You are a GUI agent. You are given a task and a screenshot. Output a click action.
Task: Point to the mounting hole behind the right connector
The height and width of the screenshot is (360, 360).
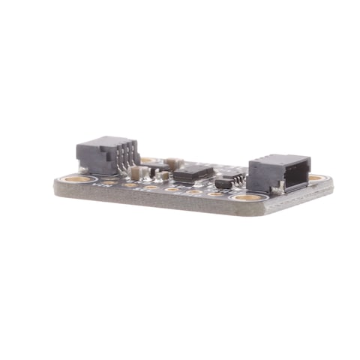[316, 178]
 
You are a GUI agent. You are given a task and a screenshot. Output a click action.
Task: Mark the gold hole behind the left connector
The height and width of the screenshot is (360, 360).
[148, 159]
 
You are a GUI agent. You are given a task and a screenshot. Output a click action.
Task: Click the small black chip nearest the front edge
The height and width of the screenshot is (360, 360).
[226, 183]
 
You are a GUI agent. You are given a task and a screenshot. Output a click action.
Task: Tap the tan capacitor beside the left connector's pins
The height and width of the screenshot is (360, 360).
[136, 173]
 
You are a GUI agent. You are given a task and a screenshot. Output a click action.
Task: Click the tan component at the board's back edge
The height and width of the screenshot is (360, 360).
[173, 161]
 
